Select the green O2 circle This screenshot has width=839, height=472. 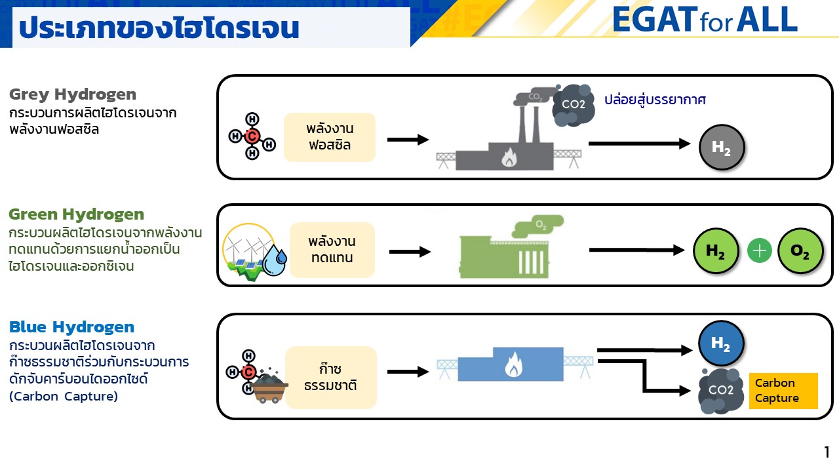800,251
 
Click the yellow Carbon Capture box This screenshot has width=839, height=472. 783,391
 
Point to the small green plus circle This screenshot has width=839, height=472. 760,251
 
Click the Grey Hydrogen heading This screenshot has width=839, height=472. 73,94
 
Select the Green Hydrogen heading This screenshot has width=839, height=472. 77,214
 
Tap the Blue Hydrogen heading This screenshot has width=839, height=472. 71,327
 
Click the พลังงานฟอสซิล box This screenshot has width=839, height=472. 329,137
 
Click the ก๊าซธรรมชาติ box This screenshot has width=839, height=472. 331,377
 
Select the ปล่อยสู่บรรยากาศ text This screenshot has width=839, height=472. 655,100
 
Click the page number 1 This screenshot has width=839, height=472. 827,452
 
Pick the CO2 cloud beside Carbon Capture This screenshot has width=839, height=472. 720,391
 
